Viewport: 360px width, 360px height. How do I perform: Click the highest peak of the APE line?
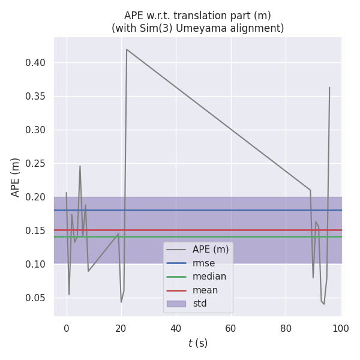pos(127,49)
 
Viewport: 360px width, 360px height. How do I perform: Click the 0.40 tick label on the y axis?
pos(40,63)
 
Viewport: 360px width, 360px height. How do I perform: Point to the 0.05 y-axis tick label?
pos(40,298)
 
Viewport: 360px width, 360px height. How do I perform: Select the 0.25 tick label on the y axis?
pos(40,164)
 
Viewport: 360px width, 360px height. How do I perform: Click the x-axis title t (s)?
pos(197,343)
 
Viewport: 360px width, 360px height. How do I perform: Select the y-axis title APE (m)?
pos(16,177)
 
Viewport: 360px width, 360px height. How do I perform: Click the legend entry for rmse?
pos(203,263)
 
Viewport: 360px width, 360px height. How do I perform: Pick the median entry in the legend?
pos(209,277)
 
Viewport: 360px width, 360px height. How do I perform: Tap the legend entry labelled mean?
pos(205,290)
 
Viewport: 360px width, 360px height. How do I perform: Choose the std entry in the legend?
pos(200,304)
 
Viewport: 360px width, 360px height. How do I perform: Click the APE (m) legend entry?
pos(210,250)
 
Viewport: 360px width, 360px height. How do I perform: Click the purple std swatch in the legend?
pos(176,304)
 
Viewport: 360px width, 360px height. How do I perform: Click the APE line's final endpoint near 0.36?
pos(329,88)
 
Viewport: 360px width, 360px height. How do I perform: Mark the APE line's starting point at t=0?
pos(66,193)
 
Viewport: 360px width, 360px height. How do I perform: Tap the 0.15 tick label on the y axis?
pos(40,231)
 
